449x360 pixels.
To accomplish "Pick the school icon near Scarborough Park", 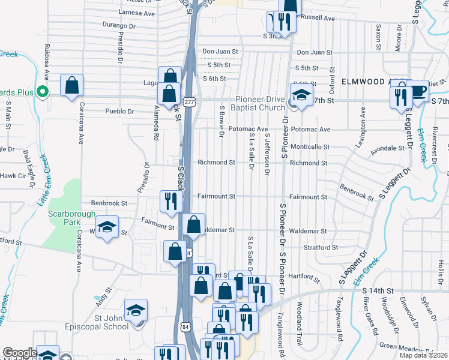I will click(x=107, y=227).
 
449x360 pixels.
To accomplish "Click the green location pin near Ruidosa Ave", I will click(x=42, y=92).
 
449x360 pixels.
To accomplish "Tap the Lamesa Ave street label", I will click(x=137, y=12).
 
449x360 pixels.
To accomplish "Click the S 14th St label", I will click(x=378, y=290).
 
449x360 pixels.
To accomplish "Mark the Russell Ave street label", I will click(x=317, y=18).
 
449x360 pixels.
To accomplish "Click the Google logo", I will click(x=20, y=353).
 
